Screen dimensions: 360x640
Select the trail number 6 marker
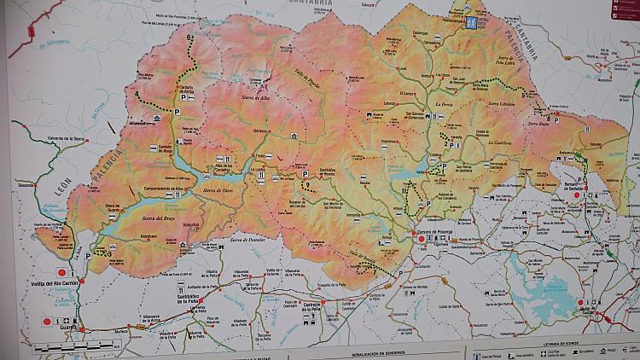[189, 38]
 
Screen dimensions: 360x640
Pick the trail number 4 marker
[137, 94]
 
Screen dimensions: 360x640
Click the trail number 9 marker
[306, 184]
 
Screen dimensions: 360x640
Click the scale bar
[64, 348]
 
